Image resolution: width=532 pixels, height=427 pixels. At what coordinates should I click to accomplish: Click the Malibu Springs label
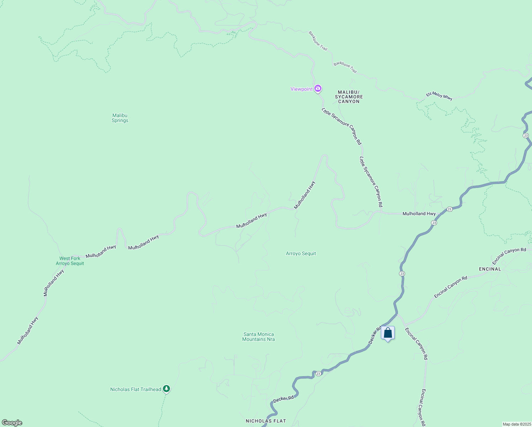pyautogui.click(x=120, y=118)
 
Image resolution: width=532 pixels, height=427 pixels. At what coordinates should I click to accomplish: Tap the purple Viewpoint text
pyautogui.click(x=301, y=89)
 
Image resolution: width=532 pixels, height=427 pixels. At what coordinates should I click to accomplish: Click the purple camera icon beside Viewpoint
pyautogui.click(x=318, y=88)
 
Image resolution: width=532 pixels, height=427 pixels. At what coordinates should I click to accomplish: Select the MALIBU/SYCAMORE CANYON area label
pyautogui.click(x=349, y=97)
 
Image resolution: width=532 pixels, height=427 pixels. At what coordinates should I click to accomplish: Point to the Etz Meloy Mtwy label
pyautogui.click(x=439, y=96)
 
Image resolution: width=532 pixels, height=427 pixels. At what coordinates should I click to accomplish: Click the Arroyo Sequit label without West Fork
pyautogui.click(x=301, y=254)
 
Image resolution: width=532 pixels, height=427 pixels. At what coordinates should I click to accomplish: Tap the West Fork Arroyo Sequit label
pyautogui.click(x=70, y=261)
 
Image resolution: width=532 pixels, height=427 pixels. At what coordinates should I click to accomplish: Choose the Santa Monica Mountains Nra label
pyautogui.click(x=259, y=337)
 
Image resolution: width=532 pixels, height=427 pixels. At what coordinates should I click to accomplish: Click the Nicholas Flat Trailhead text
pyautogui.click(x=135, y=389)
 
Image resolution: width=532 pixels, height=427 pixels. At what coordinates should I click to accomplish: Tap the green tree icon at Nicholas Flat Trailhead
pyautogui.click(x=166, y=389)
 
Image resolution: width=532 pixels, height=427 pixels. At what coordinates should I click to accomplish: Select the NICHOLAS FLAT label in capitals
pyautogui.click(x=266, y=421)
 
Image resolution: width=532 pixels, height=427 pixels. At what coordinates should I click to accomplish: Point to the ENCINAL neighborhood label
pyautogui.click(x=490, y=269)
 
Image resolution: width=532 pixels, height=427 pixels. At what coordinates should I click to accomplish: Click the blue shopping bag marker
pyautogui.click(x=388, y=333)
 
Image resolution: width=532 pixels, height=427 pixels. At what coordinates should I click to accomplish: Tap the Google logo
pyautogui.click(x=12, y=423)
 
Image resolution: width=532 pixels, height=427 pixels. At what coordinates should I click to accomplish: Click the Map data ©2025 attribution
pyautogui.click(x=517, y=424)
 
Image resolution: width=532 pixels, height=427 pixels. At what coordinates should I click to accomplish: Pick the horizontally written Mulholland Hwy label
pyautogui.click(x=419, y=213)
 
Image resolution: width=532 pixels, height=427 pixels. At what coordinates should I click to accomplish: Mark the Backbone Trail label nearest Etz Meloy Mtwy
pyautogui.click(x=345, y=67)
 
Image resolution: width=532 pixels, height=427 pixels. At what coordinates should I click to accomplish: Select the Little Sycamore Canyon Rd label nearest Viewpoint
pyautogui.click(x=341, y=126)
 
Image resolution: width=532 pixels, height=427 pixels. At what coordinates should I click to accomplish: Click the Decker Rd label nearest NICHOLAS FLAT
pyautogui.click(x=283, y=399)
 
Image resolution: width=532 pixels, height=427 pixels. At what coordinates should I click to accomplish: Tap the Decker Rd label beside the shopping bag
pyautogui.click(x=374, y=336)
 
